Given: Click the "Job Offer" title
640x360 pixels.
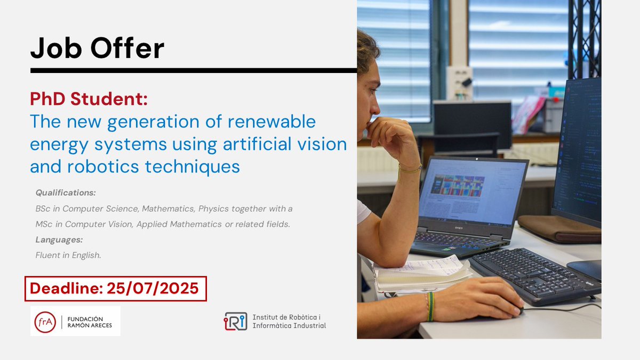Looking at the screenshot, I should coord(97,49).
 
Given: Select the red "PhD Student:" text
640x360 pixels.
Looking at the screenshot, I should coord(89,99).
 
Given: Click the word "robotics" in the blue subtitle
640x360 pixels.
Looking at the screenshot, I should coord(105,166).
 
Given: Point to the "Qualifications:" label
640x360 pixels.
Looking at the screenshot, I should coord(66,192).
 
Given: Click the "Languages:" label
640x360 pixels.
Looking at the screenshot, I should coord(59,239).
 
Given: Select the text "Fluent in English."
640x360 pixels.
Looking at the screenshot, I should coord(68,255).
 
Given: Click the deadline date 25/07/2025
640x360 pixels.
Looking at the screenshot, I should coord(153,289).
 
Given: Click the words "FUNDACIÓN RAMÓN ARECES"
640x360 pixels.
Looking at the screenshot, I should coord(90,322).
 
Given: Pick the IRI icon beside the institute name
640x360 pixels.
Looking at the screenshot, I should coord(235,321).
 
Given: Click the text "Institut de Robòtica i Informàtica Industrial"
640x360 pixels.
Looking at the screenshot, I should coord(289,321).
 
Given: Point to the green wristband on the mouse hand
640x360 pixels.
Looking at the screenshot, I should coord(430,306).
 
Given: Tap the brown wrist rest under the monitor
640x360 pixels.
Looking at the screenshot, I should coord(560,228).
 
